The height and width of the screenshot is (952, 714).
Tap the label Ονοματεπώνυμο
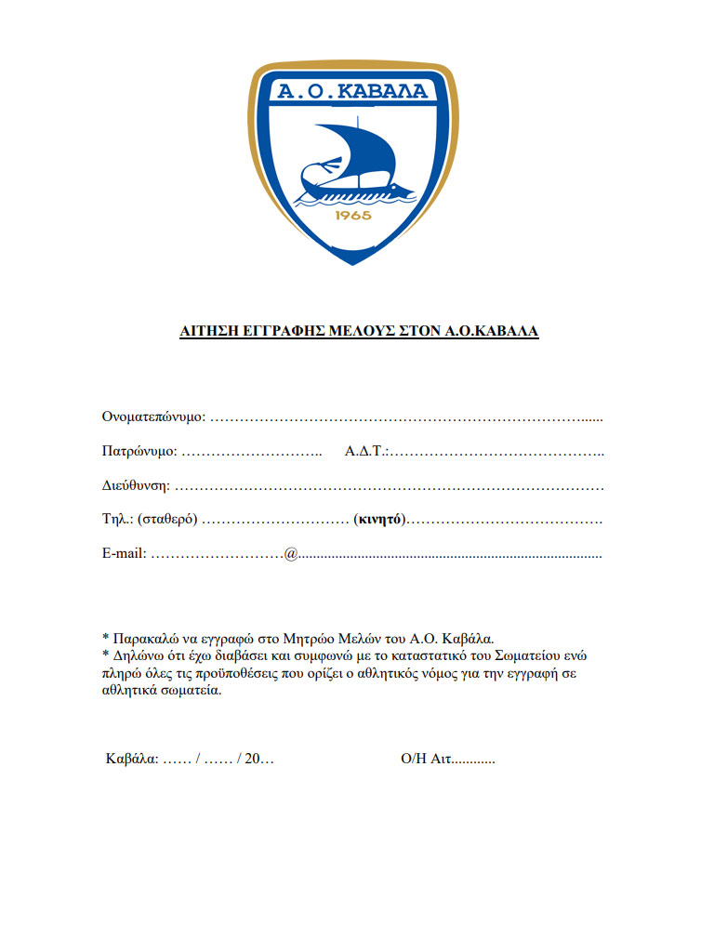(x=152, y=416)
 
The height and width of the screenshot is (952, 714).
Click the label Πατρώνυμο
(x=139, y=452)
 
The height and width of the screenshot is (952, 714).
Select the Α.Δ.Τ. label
(x=365, y=452)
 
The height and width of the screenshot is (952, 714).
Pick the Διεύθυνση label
(x=136, y=485)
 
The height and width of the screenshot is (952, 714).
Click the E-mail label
(x=124, y=553)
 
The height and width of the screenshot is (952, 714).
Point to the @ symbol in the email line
(x=291, y=554)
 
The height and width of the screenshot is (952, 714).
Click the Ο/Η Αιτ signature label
(x=426, y=759)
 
